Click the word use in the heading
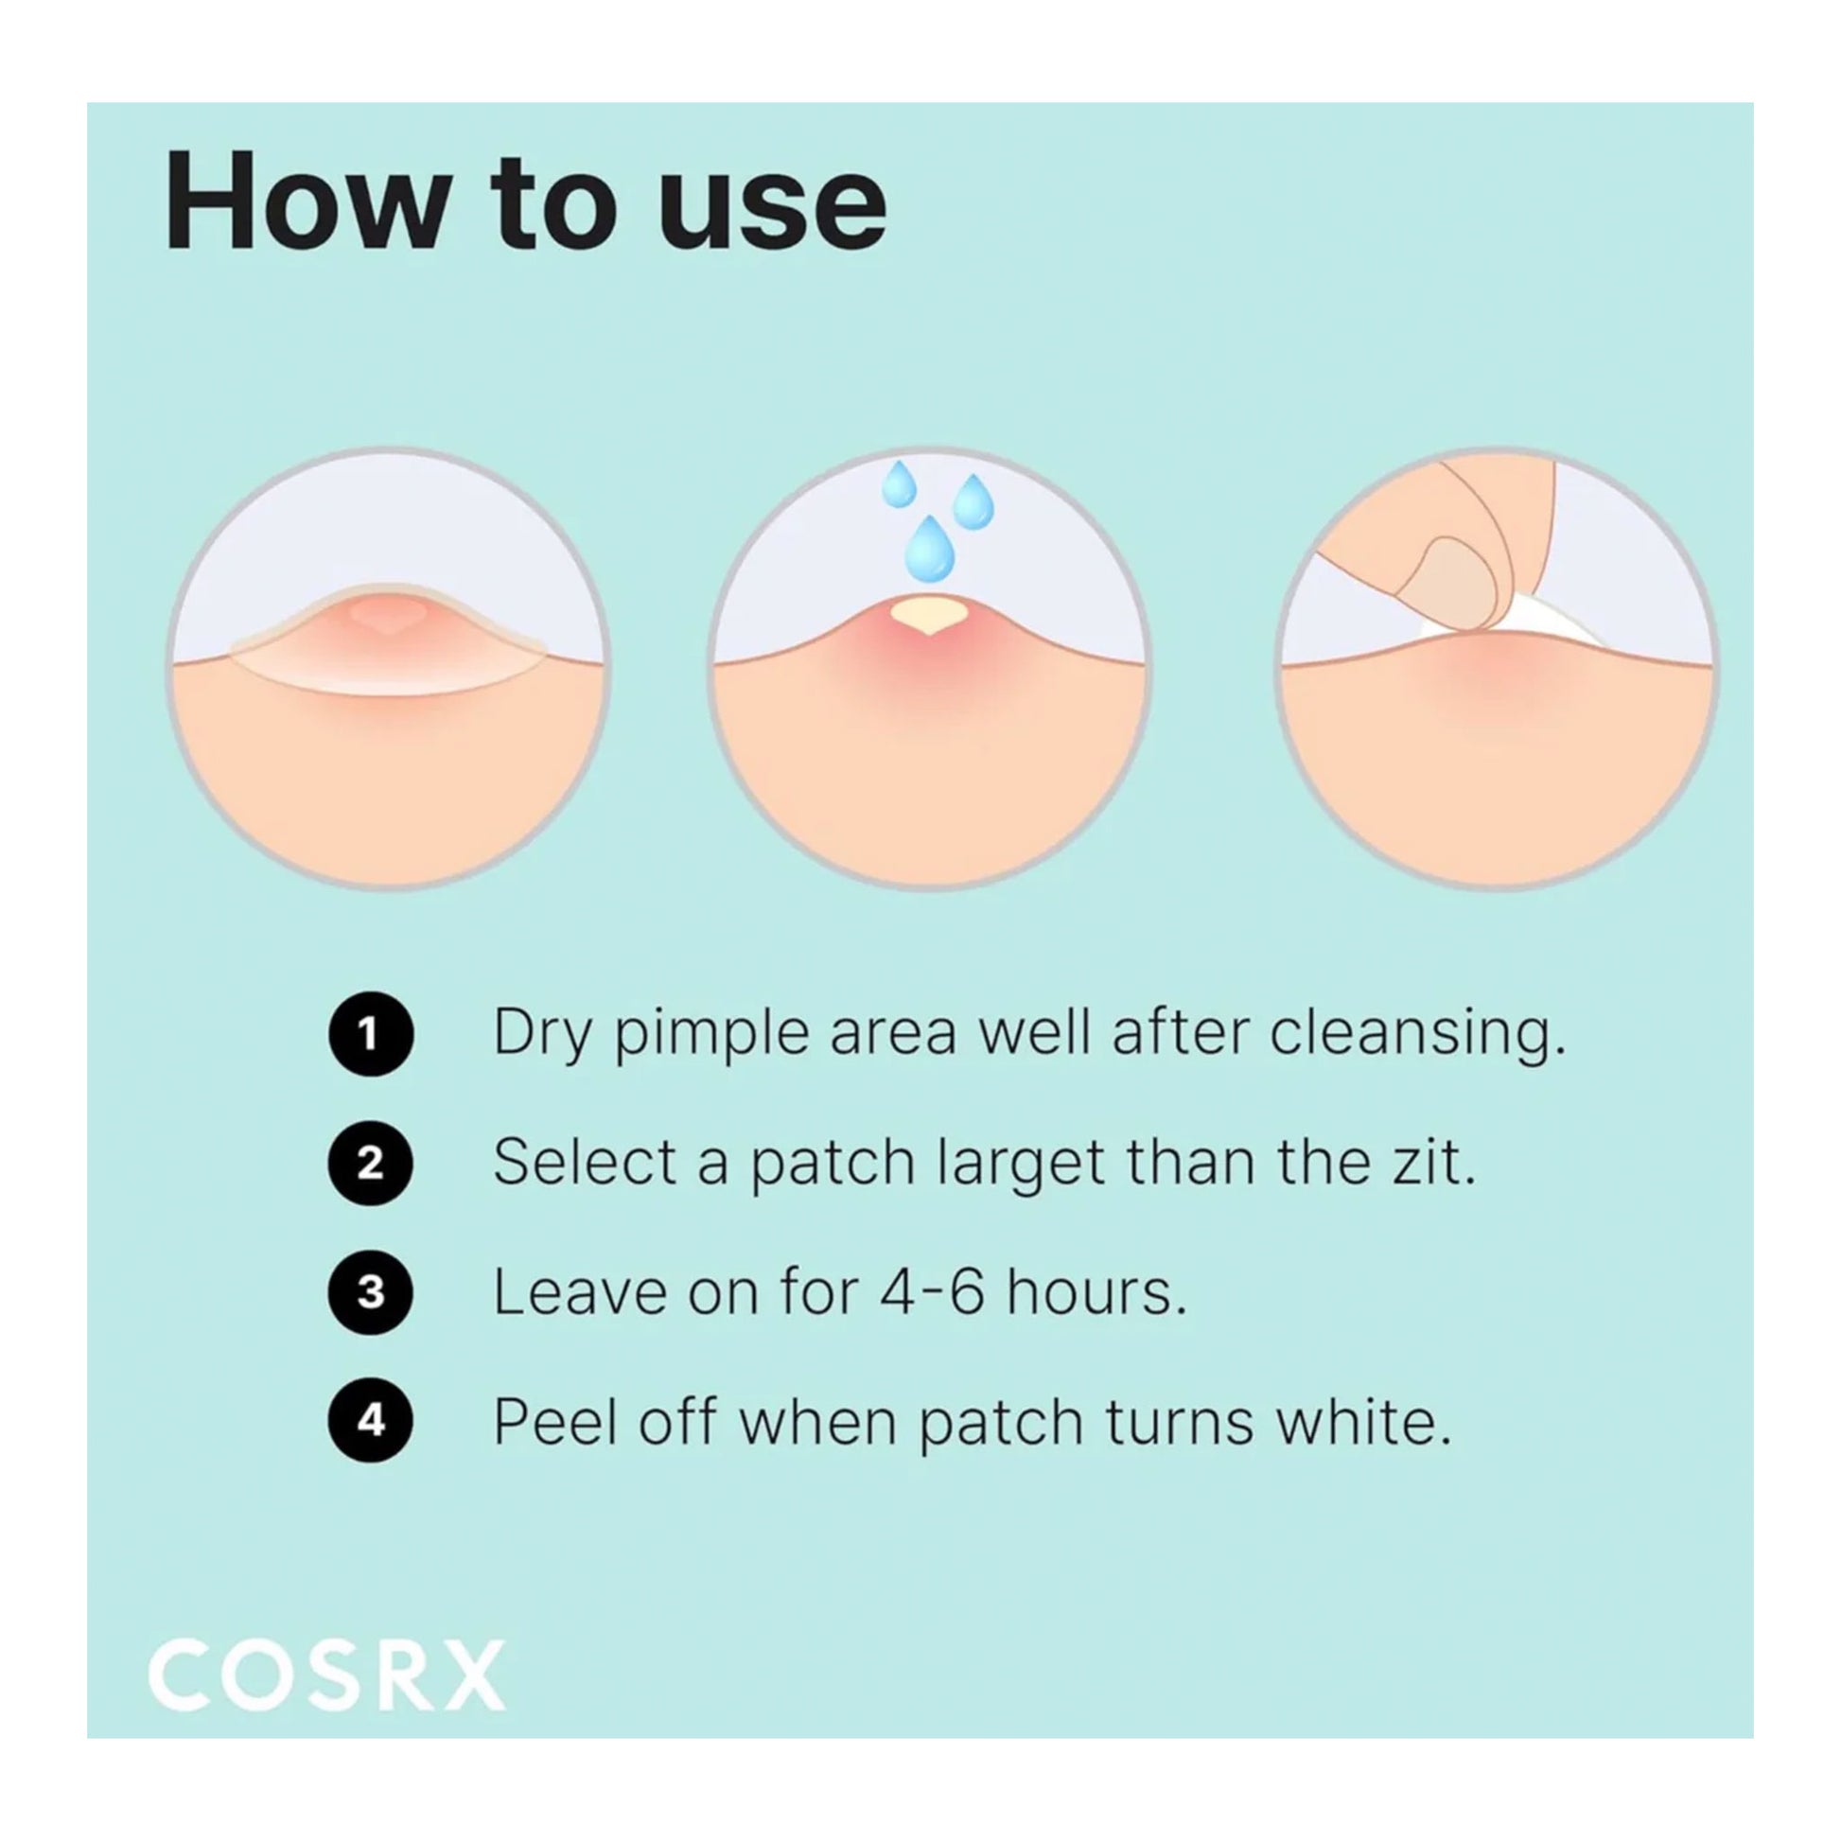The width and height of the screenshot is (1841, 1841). coord(772,213)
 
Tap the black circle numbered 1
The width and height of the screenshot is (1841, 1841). coord(371,1034)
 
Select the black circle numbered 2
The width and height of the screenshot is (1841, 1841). coord(371,1163)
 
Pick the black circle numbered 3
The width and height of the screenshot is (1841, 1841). coord(371,1292)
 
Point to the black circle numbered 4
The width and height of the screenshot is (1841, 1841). coord(371,1421)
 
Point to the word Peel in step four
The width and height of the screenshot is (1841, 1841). coord(555,1422)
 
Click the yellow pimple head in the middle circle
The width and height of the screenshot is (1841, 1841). coord(929,613)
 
